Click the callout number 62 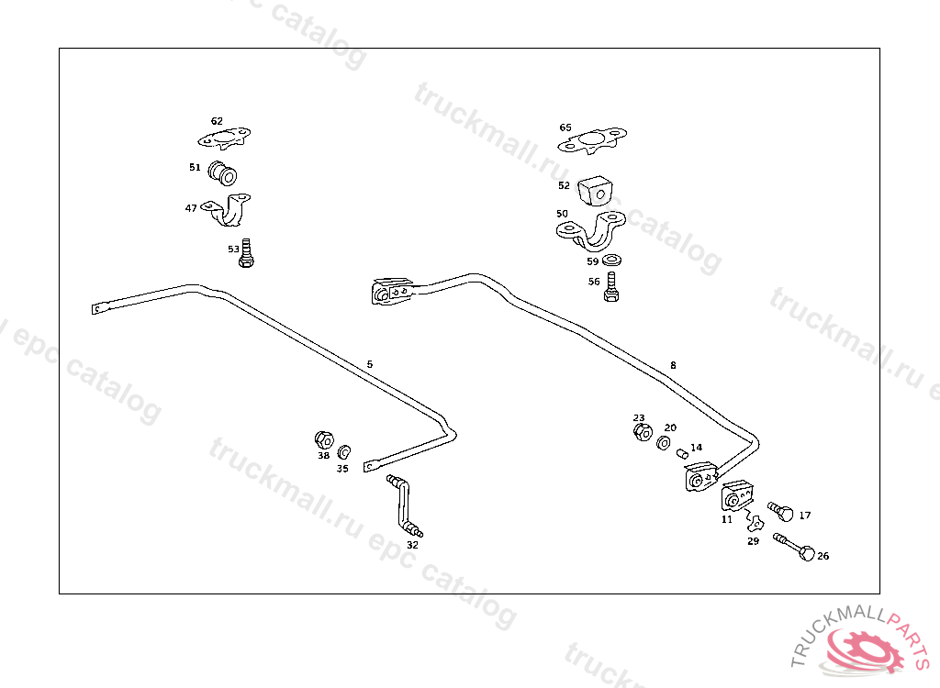[x=217, y=121]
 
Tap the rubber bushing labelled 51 [x=223, y=171]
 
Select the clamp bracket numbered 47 [x=231, y=209]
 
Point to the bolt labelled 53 [x=246, y=253]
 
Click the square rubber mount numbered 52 [x=595, y=190]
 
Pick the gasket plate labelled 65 [x=594, y=141]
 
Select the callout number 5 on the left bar [x=370, y=364]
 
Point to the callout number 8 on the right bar [x=673, y=365]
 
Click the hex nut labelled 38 [x=323, y=438]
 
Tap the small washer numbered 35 [x=344, y=451]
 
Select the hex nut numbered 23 [x=642, y=430]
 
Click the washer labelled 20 [x=664, y=443]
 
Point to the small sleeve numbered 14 [x=683, y=452]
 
